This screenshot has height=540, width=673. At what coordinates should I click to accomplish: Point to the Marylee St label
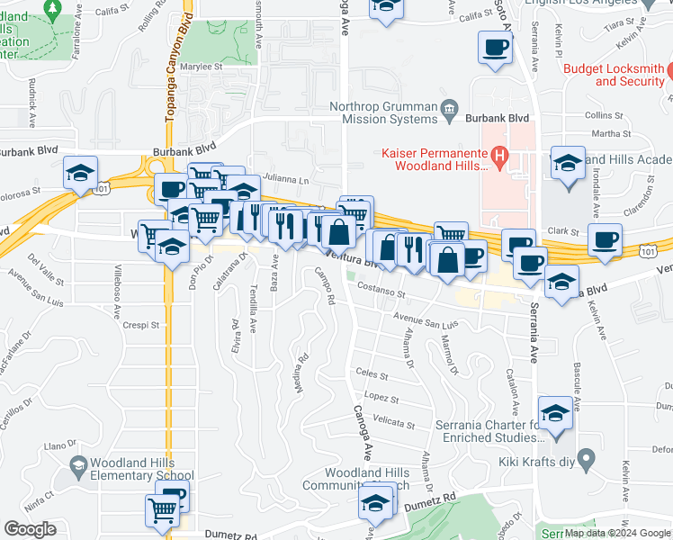(x=200, y=66)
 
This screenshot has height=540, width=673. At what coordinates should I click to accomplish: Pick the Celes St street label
(x=371, y=374)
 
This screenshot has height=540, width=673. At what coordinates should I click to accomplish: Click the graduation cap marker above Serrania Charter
(x=555, y=414)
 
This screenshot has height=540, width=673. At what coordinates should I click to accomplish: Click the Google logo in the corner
(x=30, y=529)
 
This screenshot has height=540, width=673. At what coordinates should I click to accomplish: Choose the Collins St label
(x=604, y=114)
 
